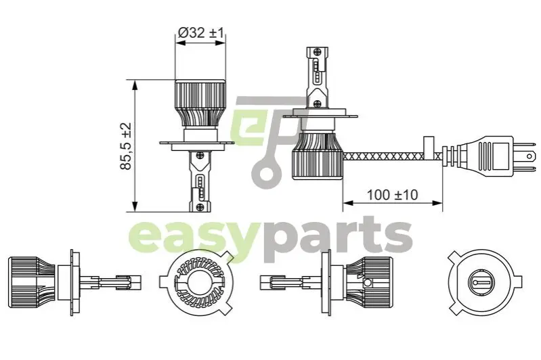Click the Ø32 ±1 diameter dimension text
202,31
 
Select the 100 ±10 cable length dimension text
393,195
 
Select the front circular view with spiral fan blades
197,281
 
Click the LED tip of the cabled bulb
318,64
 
